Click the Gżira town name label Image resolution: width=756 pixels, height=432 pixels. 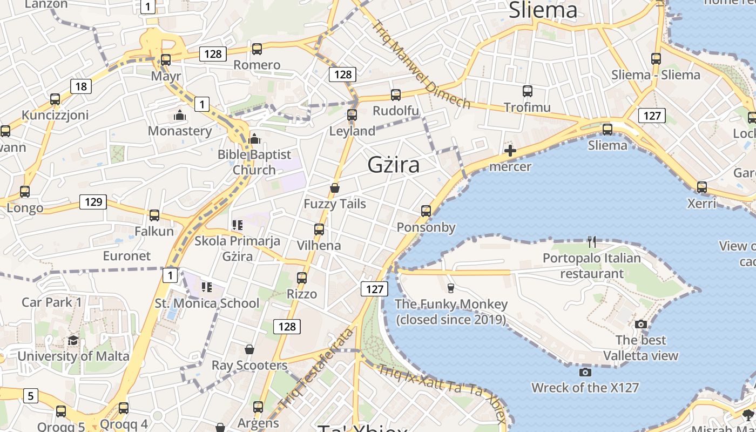click(393, 165)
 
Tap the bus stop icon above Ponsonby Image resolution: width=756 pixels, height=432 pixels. click(426, 211)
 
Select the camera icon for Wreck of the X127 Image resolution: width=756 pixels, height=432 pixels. click(585, 372)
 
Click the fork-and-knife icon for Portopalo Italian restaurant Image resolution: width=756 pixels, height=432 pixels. click(592, 241)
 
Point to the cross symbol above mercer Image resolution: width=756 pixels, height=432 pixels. click(510, 151)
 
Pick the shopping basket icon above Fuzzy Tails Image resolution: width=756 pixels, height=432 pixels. click(335, 188)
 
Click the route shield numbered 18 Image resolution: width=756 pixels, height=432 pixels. click(80, 86)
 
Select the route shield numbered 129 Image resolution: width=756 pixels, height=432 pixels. click(93, 202)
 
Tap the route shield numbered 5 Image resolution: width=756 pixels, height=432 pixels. click(30, 396)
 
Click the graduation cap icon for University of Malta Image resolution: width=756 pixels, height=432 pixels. click(73, 340)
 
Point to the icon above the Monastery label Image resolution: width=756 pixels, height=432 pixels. click(179, 115)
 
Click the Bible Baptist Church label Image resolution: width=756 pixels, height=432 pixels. click(254, 162)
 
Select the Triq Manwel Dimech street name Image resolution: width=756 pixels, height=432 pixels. click(421, 64)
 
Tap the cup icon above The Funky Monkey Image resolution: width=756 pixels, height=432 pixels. click(451, 288)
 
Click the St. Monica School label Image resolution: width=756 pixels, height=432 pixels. click(207, 303)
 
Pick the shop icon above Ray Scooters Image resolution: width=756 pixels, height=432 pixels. click(249, 349)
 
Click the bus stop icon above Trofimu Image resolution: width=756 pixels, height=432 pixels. click(527, 91)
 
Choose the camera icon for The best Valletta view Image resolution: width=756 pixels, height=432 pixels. click(641, 324)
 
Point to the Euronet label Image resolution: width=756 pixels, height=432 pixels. click(127, 255)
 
